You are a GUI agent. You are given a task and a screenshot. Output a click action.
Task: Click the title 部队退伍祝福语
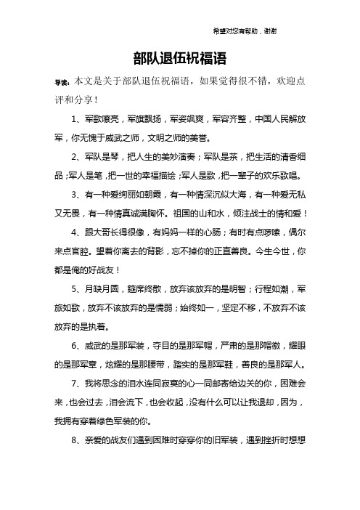[180, 58]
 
